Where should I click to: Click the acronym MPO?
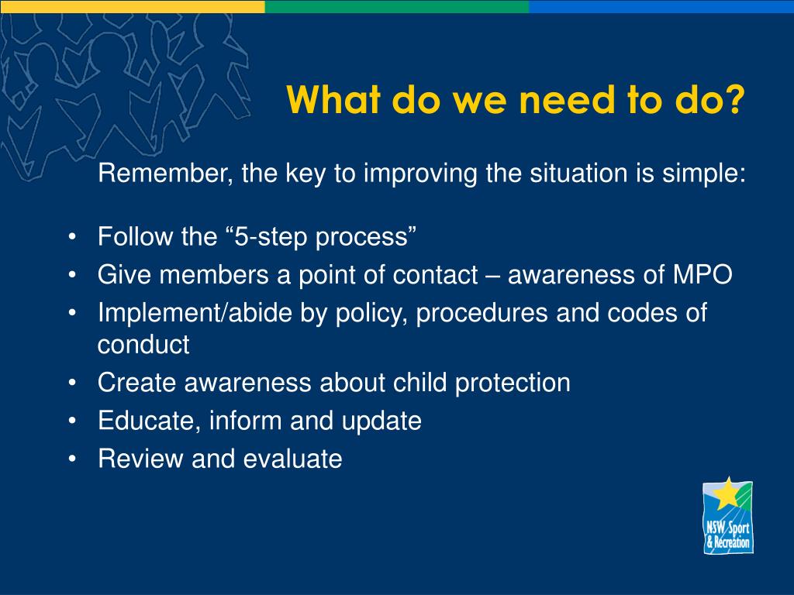point(703,275)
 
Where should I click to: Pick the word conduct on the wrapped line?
point(143,345)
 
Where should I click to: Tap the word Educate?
point(150,421)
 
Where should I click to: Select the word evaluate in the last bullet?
point(292,459)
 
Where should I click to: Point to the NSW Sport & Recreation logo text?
point(728,535)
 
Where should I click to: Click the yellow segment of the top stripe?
point(132,6)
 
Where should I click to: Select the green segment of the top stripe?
point(397,6)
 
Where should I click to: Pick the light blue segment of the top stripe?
point(661,6)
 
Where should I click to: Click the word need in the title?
point(568,99)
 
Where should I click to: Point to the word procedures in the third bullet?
point(482,313)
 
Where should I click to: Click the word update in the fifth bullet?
point(381,421)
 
